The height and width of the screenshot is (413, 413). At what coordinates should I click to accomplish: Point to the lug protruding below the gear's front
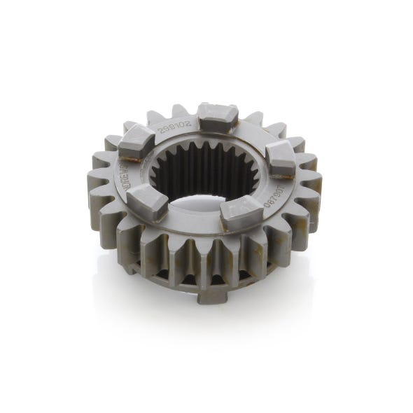point(211,296)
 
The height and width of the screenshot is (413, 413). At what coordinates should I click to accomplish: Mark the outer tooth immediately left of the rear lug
point(180,112)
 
